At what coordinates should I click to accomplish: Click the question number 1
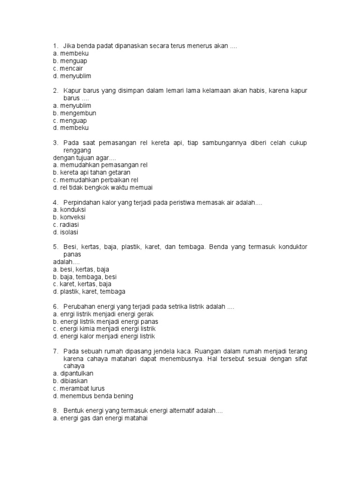[55, 46]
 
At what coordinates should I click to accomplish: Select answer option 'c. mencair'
[68, 68]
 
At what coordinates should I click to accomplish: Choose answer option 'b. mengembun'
[75, 113]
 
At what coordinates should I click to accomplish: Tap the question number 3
[55, 143]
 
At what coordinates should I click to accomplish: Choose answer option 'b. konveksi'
[69, 217]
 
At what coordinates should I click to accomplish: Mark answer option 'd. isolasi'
[66, 232]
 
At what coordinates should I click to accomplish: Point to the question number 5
[55, 247]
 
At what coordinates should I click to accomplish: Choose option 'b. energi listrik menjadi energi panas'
[105, 322]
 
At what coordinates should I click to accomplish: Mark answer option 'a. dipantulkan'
[74, 373]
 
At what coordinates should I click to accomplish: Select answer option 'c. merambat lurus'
[79, 388]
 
